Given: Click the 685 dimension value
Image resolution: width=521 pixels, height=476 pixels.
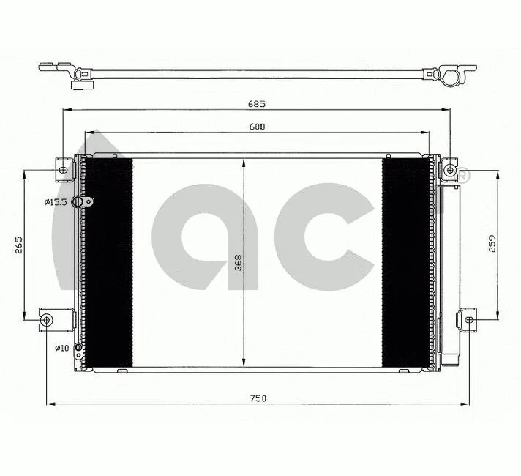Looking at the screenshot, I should (256, 103).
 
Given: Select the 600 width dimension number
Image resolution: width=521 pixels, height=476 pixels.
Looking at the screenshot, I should (256, 127).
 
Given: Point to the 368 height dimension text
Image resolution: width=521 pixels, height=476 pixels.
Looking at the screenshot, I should (238, 263).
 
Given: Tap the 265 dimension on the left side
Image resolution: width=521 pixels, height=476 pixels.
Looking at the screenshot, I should (20, 245).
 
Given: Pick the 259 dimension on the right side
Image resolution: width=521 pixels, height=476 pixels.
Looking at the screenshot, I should (492, 242).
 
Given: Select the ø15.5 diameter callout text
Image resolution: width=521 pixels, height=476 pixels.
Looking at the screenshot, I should (56, 202).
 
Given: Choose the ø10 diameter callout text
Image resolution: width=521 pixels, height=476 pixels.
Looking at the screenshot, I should (61, 348).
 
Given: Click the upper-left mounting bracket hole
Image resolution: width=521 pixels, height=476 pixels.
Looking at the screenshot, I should (63, 171).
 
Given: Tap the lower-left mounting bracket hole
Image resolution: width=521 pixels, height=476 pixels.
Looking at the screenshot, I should (47, 319).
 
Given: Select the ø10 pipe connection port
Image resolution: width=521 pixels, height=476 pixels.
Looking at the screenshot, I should (81, 347).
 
